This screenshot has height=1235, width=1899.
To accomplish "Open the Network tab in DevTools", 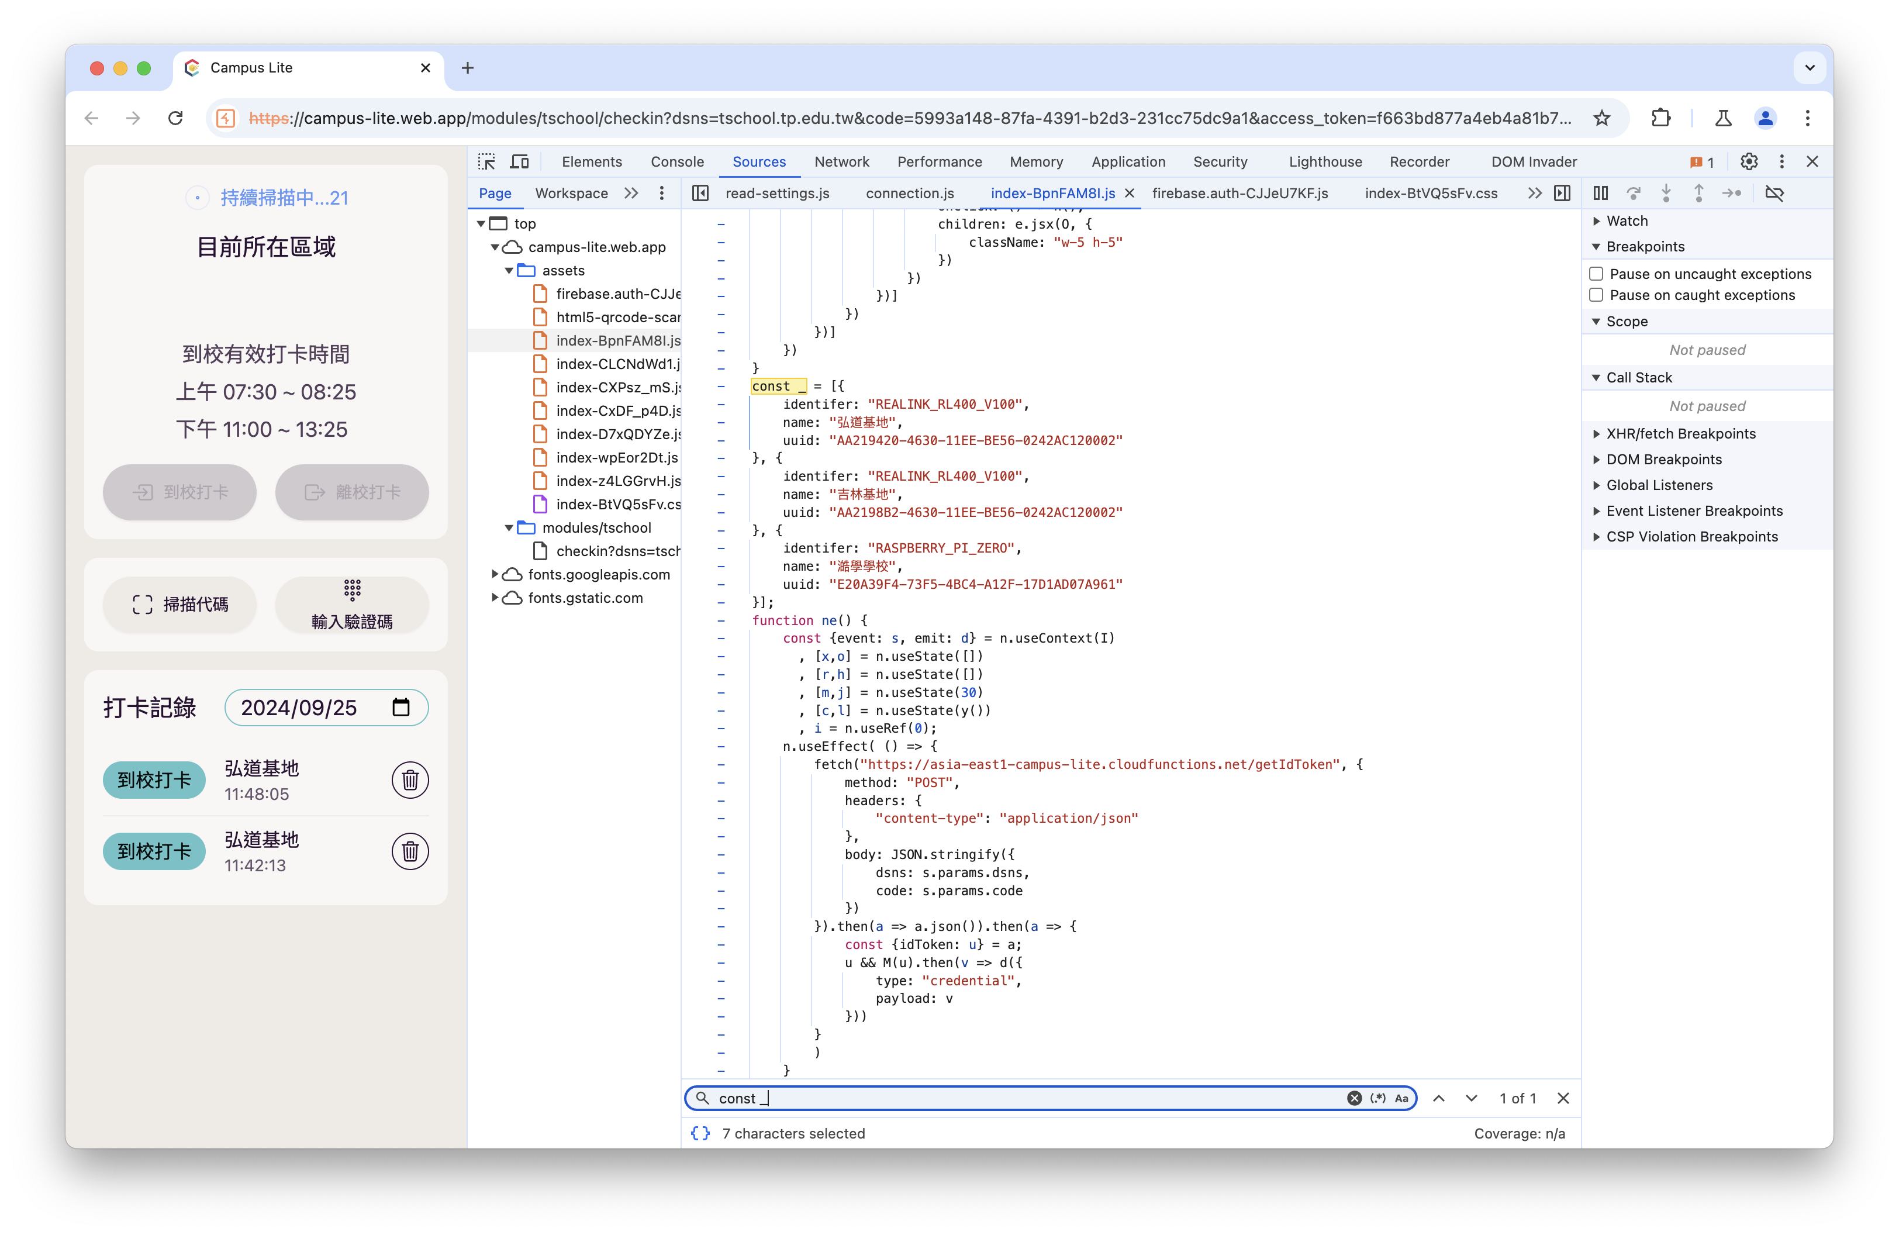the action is click(841, 162).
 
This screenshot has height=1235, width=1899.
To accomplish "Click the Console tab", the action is click(676, 162).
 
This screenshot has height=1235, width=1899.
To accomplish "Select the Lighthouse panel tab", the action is click(1324, 162).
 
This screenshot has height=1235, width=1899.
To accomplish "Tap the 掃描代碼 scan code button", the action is click(179, 605).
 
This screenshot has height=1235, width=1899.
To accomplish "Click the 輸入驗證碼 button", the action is click(352, 605).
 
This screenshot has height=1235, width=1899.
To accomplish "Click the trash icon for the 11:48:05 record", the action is click(410, 780).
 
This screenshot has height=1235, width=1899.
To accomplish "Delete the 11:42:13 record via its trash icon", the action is click(410, 851).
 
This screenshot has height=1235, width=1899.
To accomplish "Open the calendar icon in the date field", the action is click(400, 707).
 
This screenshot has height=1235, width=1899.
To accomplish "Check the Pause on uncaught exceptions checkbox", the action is click(1596, 274).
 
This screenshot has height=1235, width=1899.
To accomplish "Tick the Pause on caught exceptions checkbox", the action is click(1596, 295).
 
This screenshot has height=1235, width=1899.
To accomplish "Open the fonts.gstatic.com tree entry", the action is click(585, 598).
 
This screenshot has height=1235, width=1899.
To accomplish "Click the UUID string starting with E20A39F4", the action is click(975, 585).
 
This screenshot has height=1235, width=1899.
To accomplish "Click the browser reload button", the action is click(175, 119).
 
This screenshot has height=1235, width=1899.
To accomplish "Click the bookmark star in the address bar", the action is click(1601, 119).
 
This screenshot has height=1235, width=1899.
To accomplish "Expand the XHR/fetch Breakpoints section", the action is click(1680, 434).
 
